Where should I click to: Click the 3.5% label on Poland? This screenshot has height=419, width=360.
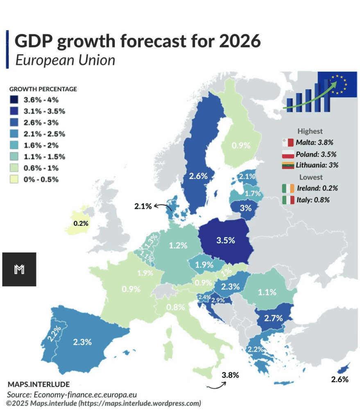[x=225, y=240]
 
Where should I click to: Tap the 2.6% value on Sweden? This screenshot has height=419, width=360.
[x=198, y=176]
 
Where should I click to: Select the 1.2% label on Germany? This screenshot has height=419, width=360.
[x=178, y=246]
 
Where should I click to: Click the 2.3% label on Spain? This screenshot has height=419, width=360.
[x=82, y=342]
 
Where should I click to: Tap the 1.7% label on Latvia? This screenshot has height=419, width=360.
[x=251, y=192]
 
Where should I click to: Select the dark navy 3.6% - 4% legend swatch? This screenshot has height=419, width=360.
[x=14, y=99]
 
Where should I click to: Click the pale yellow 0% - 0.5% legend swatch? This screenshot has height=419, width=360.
[x=14, y=179]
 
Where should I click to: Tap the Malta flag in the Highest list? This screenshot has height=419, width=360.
[x=288, y=143]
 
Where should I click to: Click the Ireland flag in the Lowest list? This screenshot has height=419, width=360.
[x=288, y=188]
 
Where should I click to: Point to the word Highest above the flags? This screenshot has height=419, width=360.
[x=310, y=131]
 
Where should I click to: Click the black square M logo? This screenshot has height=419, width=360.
[x=19, y=269]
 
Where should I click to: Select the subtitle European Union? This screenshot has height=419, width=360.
[x=65, y=60]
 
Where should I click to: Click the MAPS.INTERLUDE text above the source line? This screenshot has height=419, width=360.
[x=39, y=384]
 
